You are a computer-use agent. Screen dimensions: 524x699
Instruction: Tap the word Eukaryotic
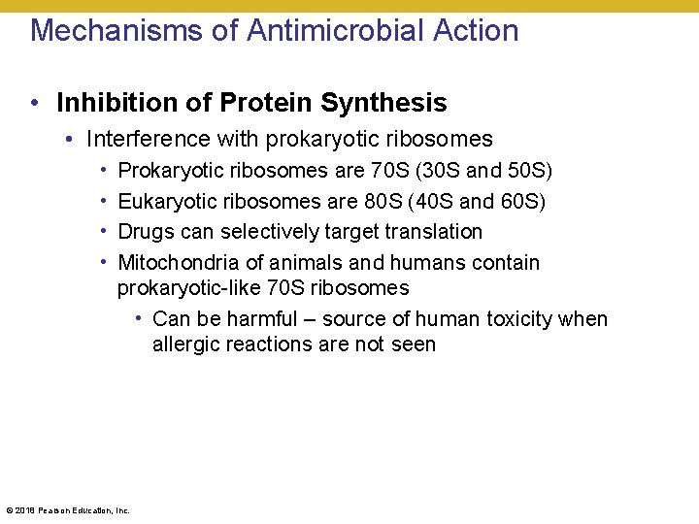(159, 201)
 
